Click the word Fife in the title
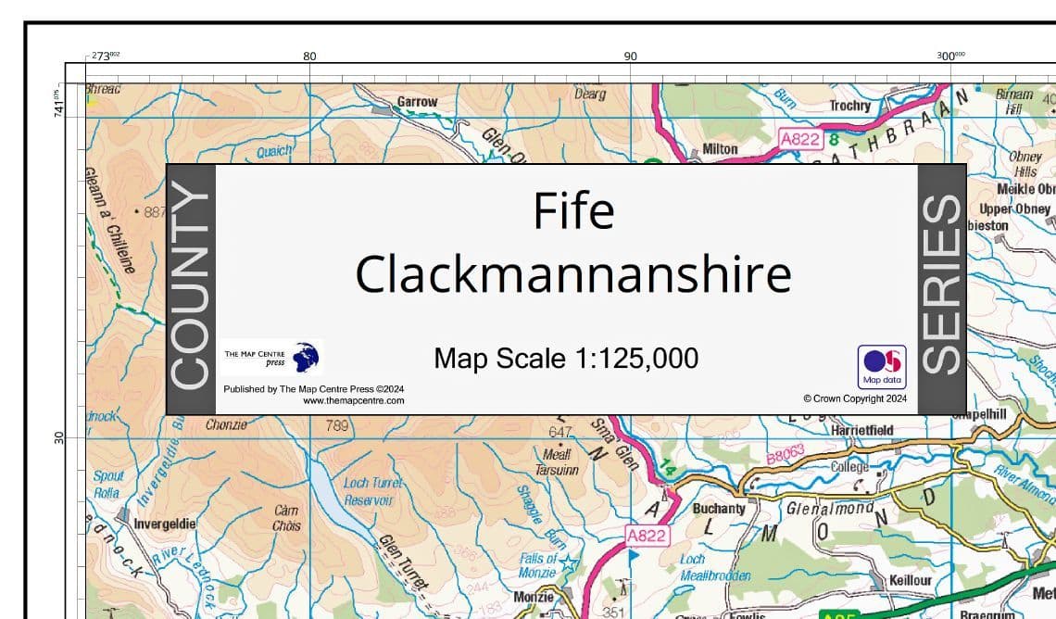(573, 211)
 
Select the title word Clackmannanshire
(573, 275)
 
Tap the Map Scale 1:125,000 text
(566, 358)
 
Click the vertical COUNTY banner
(191, 288)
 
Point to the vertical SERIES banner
(942, 288)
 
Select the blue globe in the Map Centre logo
(306, 357)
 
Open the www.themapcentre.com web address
(353, 401)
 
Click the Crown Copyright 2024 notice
(854, 398)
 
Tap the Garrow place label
(417, 101)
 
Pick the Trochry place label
(849, 106)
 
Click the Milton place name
(720, 148)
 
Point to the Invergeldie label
(164, 524)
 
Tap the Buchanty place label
(719, 509)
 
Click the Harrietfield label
(862, 431)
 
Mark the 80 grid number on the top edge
(309, 57)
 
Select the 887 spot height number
(155, 212)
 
